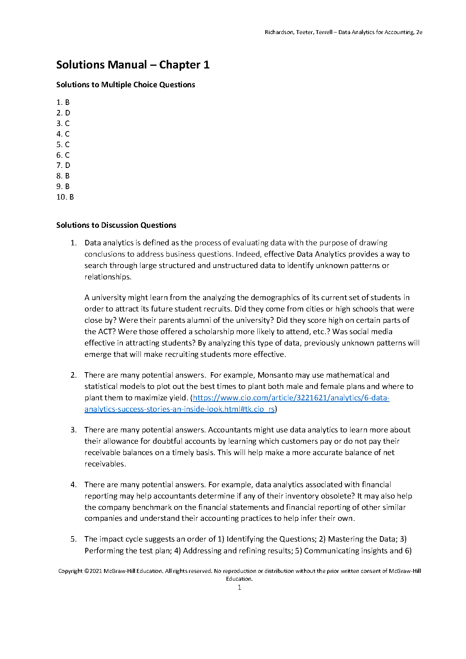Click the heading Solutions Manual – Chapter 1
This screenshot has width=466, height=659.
[133, 65]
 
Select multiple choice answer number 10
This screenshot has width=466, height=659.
[65, 197]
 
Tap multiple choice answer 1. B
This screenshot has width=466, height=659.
[63, 103]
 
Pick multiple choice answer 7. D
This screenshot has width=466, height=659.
[63, 166]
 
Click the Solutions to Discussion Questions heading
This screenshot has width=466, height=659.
[116, 225]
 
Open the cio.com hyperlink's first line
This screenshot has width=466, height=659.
[291, 398]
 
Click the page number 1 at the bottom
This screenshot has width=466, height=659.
[239, 587]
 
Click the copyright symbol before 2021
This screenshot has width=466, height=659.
[86, 571]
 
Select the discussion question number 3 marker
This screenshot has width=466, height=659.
[74, 430]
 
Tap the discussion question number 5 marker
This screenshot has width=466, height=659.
[74, 539]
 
